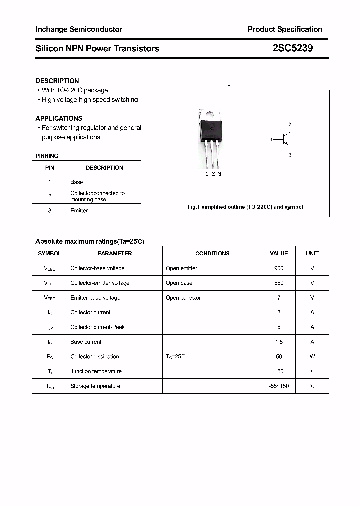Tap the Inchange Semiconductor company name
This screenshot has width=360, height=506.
[x=79, y=29]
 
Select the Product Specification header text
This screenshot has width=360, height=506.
[x=285, y=29]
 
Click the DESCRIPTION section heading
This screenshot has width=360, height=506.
[x=57, y=81]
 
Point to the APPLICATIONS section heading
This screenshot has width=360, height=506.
[x=59, y=118]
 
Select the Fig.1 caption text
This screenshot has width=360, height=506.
[x=245, y=207]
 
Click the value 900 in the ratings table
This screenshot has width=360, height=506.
[x=279, y=268]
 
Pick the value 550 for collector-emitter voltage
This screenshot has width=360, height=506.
[x=279, y=283]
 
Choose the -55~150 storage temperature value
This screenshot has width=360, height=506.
[x=279, y=386]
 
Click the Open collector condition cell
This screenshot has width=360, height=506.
[x=183, y=298]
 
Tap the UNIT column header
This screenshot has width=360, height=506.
[x=312, y=253]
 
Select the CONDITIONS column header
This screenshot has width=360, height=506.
[x=212, y=253]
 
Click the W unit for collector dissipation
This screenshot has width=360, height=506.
[x=312, y=357]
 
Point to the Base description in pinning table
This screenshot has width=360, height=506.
[x=77, y=182]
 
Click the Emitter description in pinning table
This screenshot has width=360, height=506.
[x=79, y=211]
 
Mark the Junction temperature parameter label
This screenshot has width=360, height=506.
[x=96, y=371]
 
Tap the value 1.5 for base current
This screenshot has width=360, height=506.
[x=279, y=342]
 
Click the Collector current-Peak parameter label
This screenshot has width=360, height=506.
[x=97, y=327]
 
